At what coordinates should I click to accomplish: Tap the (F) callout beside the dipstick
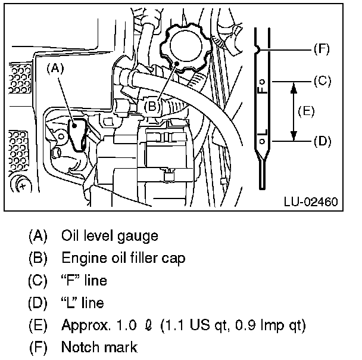tap(321, 49)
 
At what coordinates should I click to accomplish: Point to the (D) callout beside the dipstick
tap(321, 141)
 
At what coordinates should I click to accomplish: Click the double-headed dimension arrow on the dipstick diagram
tap(292, 111)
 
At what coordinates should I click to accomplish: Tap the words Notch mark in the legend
tap(99, 347)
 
